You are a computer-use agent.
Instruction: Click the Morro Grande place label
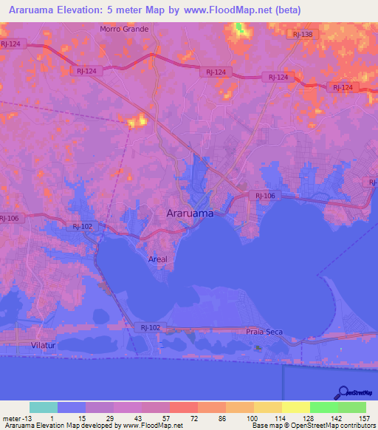point(124,30)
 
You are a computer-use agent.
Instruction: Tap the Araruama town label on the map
point(188,213)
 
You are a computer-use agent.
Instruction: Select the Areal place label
point(158,259)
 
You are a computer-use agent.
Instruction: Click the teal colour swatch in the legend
point(44,407)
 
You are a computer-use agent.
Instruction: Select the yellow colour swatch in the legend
point(295,407)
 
